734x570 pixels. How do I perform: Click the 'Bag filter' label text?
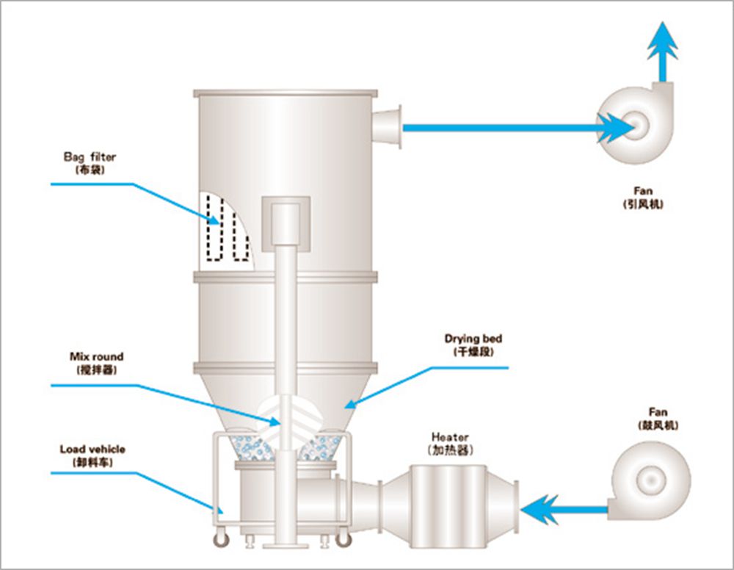pyautogui.click(x=89, y=157)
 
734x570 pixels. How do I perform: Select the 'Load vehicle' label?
pyautogui.click(x=92, y=450)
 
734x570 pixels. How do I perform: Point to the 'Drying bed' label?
pyautogui.click(x=473, y=339)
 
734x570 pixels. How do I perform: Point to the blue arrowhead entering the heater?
pyautogui.click(x=542, y=508)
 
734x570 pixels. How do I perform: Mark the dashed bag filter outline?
pyautogui.click(x=223, y=228)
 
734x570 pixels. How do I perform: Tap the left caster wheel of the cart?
pyautogui.click(x=219, y=541)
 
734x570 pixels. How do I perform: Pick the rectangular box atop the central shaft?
pyautogui.click(x=286, y=221)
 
